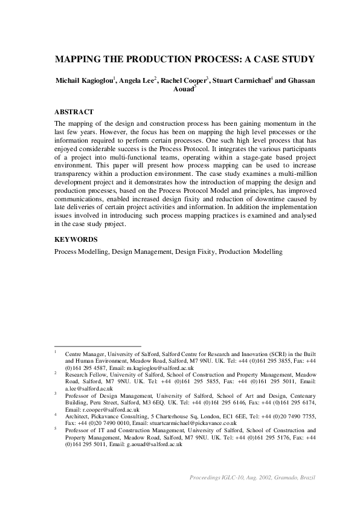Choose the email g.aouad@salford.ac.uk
click(x=154, y=444)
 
